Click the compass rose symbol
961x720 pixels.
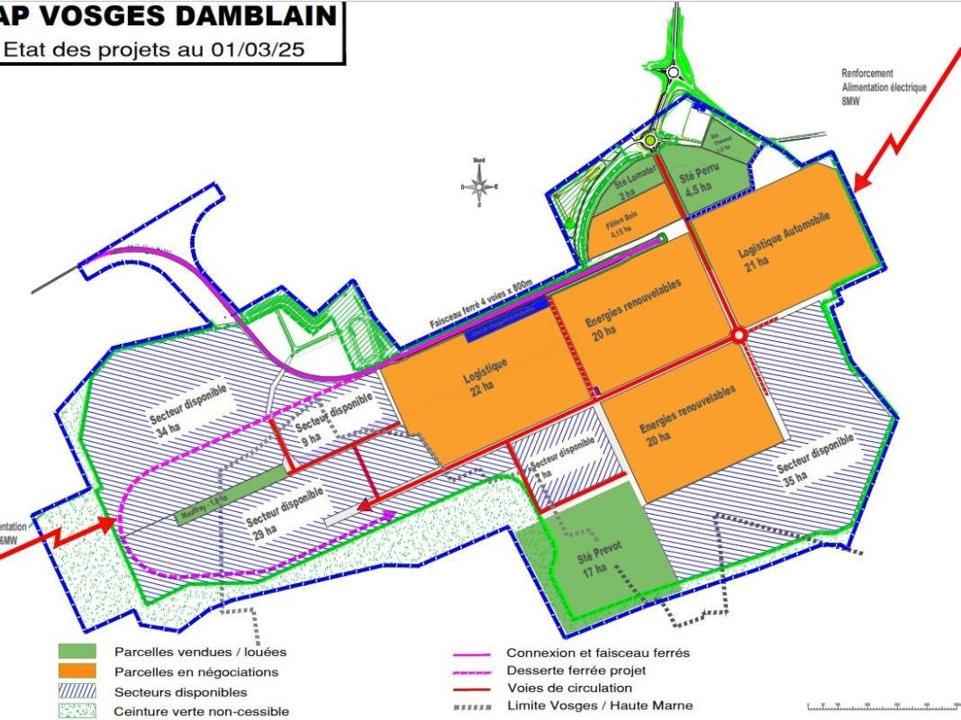479,186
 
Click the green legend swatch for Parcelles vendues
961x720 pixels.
77,652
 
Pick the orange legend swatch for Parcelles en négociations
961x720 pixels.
77,671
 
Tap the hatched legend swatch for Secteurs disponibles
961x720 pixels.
77,691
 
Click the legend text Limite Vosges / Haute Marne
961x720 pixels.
600,706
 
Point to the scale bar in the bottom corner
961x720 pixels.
882,706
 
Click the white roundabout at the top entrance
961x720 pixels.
673,73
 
